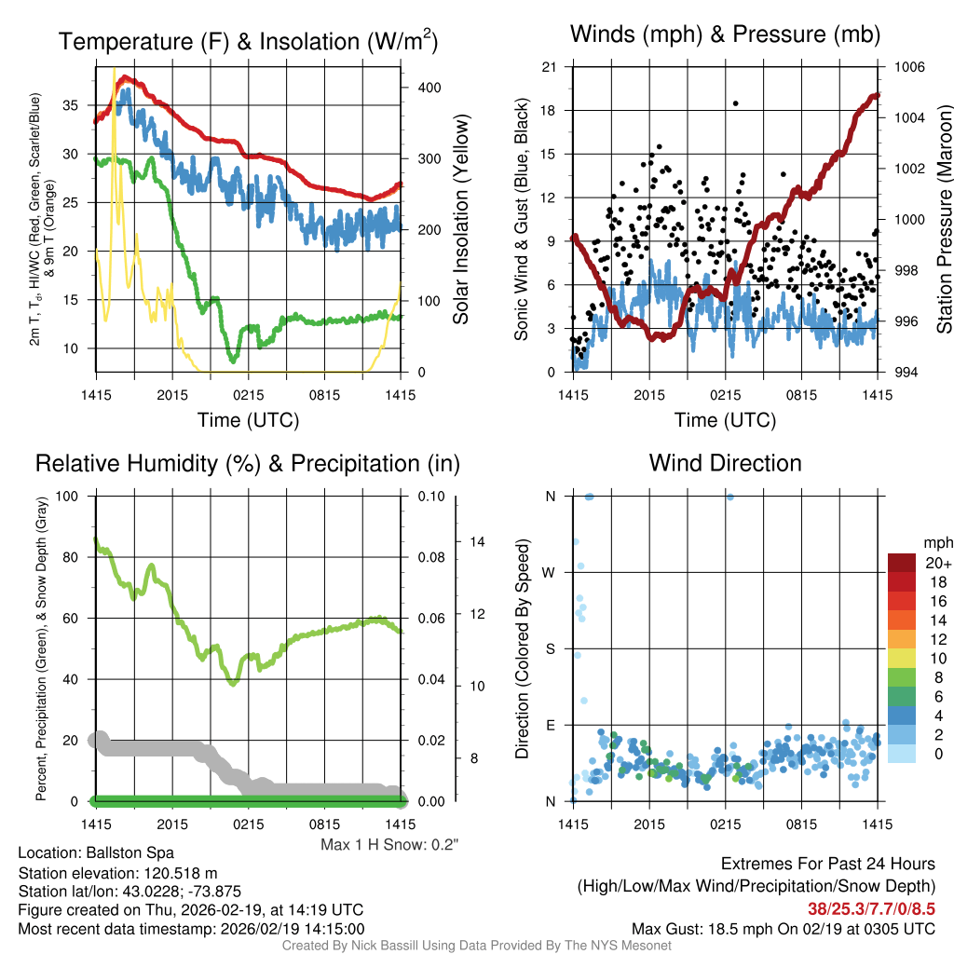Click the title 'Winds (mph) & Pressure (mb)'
click(x=725, y=35)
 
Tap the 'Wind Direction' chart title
click(x=725, y=463)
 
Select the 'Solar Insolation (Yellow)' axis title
click(x=460, y=220)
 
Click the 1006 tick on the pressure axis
click(x=907, y=67)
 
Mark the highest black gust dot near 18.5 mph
click(x=735, y=103)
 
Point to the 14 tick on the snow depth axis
click(x=476, y=541)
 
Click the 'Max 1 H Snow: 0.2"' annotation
click(x=389, y=845)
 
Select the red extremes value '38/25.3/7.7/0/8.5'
click(x=872, y=907)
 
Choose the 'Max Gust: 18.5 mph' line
click(x=783, y=928)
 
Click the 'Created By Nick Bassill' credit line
click(x=476, y=946)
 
